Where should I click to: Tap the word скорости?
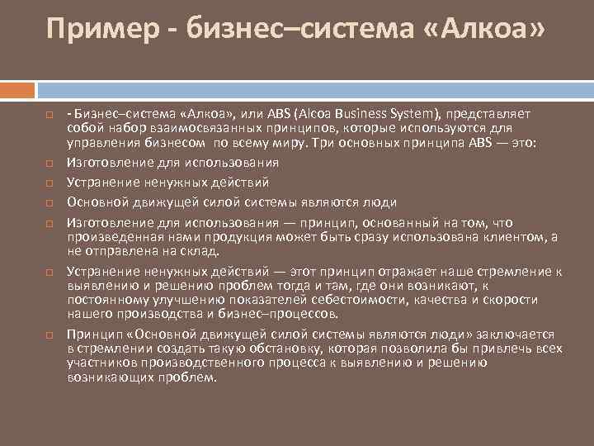[x=508, y=301]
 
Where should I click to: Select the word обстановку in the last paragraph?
[x=249, y=350]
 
